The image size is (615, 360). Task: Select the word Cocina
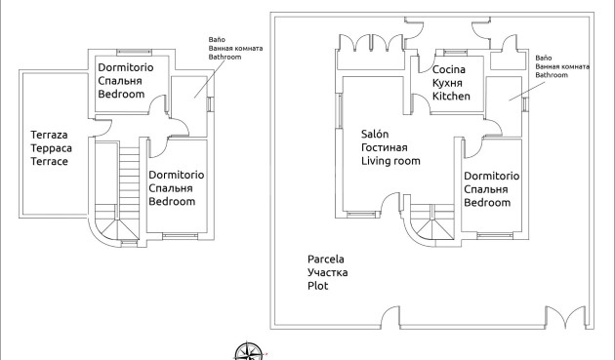(x=450, y=70)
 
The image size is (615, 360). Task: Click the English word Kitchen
(x=452, y=97)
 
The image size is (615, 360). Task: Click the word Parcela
(x=328, y=260)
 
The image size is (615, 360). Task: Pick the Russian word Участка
(x=328, y=273)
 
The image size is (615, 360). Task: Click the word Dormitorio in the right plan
(x=491, y=175)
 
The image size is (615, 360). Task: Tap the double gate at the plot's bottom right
(x=564, y=320)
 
